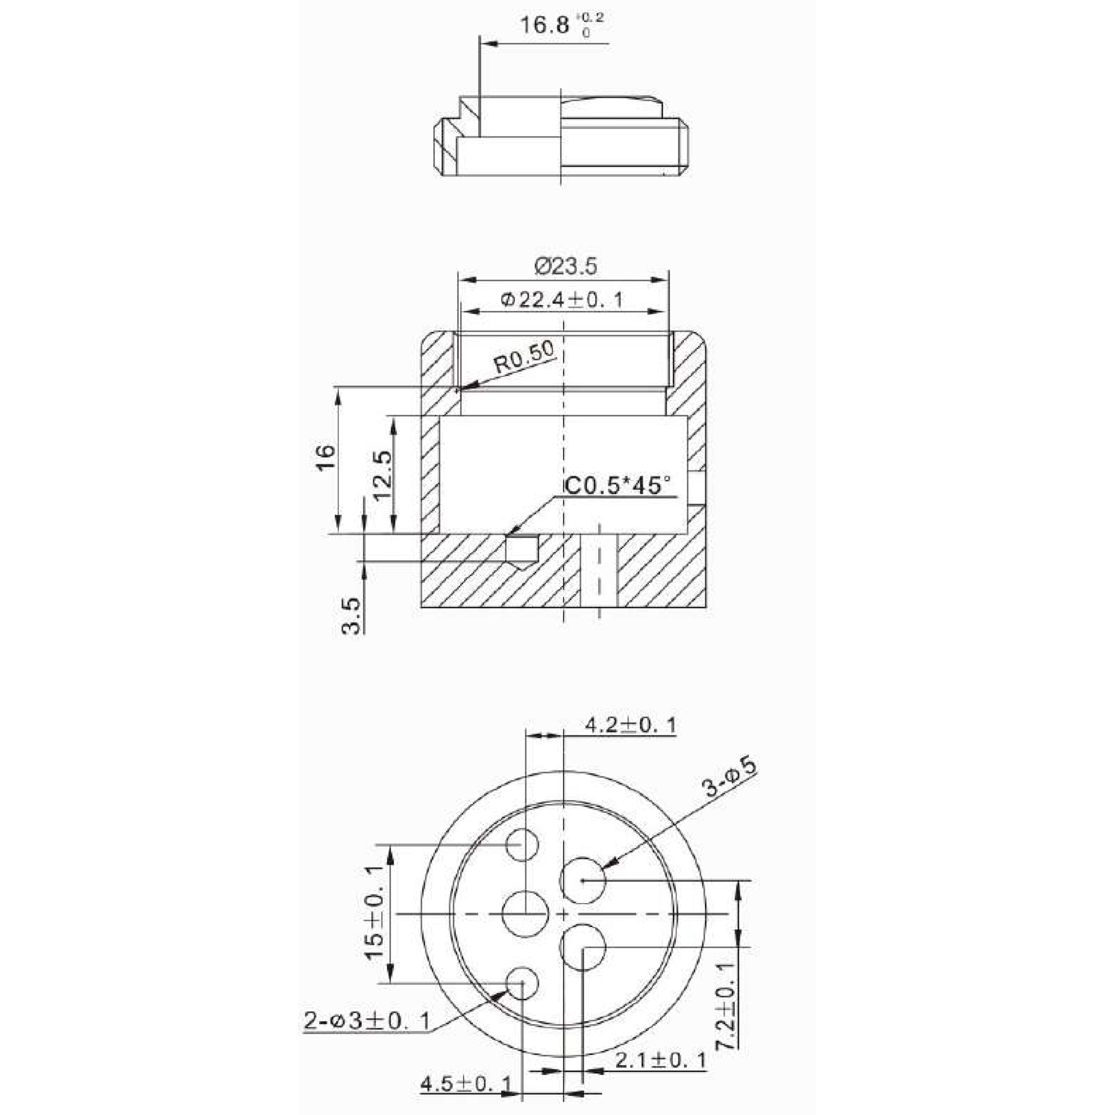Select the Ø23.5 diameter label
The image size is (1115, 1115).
[x=565, y=266]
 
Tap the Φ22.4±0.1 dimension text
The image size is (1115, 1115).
[x=562, y=300]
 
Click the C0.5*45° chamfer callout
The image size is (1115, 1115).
[x=618, y=486]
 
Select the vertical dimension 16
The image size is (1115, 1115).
[x=327, y=458]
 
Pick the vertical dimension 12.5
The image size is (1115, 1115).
[x=382, y=476]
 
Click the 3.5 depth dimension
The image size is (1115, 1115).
[x=351, y=616]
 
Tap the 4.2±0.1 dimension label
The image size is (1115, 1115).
[x=630, y=725]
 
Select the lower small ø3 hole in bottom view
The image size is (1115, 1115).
[x=522, y=982]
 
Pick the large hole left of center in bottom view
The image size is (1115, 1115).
[x=525, y=914]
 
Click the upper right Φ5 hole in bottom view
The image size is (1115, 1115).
[x=583, y=880]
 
